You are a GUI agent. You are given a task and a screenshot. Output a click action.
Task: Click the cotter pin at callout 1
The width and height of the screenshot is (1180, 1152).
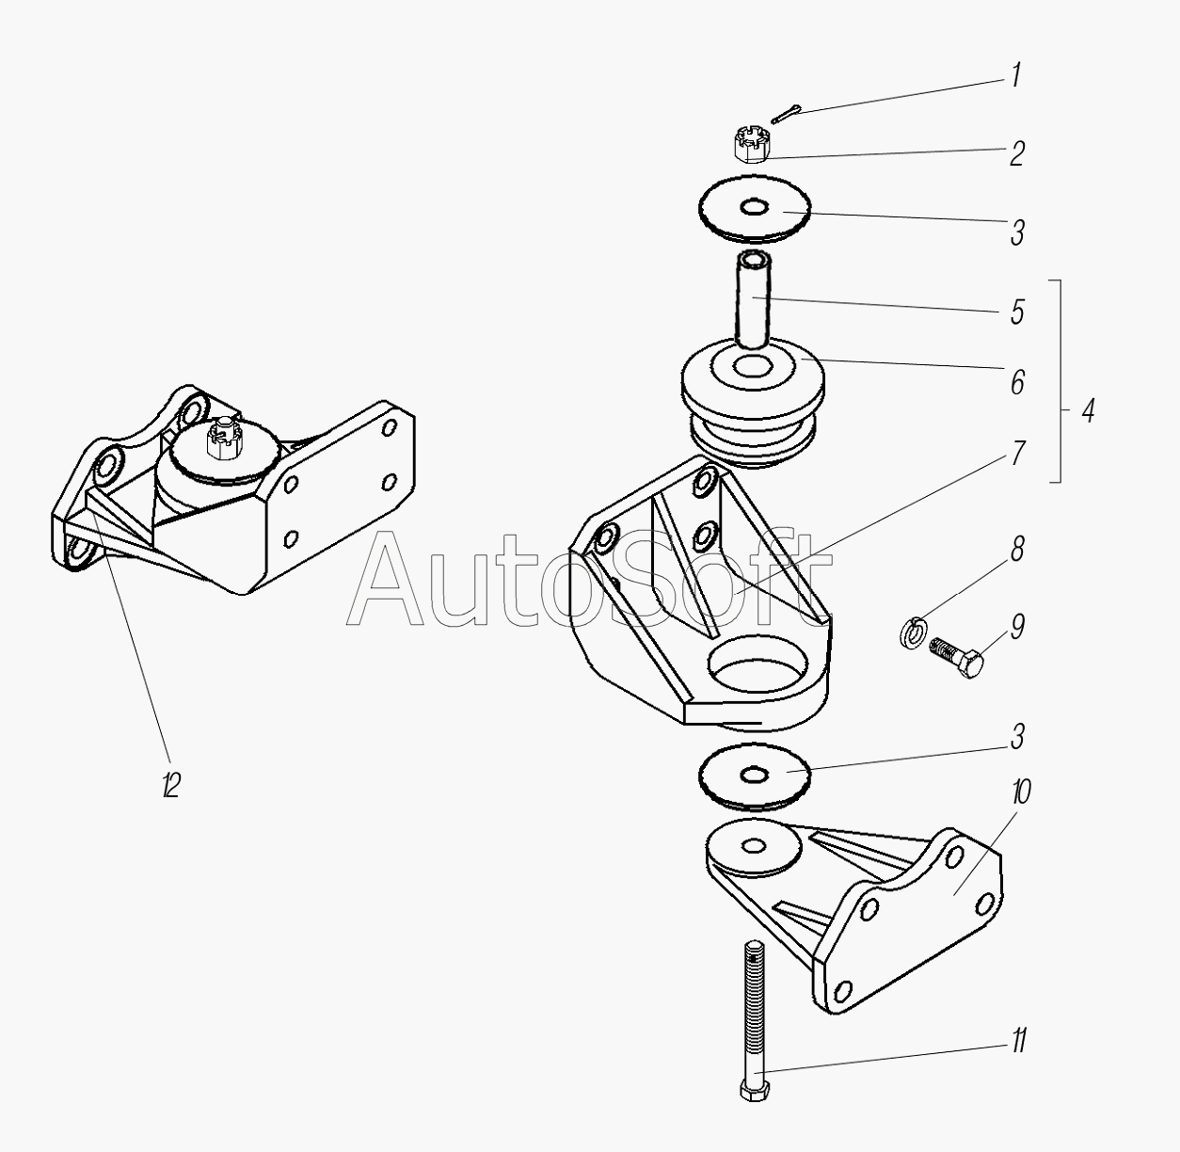click(x=787, y=113)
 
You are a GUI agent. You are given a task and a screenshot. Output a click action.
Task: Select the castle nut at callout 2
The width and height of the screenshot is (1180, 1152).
click(x=752, y=145)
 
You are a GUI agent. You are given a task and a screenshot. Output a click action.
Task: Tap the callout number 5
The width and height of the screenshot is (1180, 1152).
click(x=1017, y=312)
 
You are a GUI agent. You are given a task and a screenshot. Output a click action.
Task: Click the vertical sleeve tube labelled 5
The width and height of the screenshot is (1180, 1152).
click(x=754, y=299)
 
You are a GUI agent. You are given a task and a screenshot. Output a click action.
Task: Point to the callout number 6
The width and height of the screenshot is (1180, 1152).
click(x=1017, y=383)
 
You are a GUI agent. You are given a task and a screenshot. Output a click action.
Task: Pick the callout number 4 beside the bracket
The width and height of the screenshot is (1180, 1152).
click(x=1089, y=412)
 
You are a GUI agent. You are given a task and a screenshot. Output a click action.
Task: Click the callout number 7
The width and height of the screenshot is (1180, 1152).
click(x=1017, y=454)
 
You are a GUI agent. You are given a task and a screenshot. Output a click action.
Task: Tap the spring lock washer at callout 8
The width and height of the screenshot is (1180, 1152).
click(x=911, y=632)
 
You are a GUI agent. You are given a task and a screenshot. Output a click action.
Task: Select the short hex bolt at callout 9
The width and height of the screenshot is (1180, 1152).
click(x=956, y=658)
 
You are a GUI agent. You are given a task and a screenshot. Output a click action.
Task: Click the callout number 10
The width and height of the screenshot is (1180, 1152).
click(x=1021, y=792)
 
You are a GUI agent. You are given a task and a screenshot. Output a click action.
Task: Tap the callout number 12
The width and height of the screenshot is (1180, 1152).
click(x=171, y=786)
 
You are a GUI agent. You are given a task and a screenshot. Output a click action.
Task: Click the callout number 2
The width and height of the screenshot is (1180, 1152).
click(x=1017, y=153)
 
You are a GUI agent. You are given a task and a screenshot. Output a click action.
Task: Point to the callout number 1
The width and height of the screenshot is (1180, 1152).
click(x=1016, y=74)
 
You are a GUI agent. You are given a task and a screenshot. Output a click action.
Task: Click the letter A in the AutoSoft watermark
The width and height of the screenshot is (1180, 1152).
click(x=385, y=579)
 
